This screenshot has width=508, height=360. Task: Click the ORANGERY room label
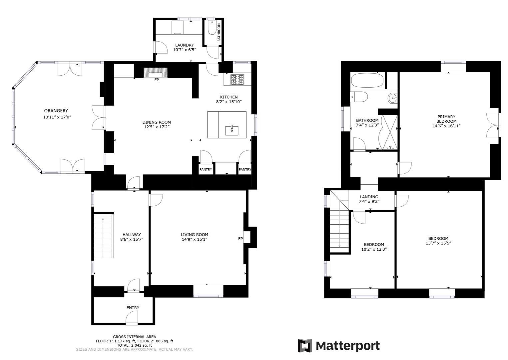click(56, 111)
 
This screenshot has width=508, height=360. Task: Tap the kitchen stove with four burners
click(237, 80)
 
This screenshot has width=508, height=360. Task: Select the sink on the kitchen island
click(232, 130)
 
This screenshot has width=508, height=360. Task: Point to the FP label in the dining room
click(157, 80)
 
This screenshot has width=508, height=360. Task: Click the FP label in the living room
click(240, 239)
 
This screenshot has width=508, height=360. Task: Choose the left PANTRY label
click(206, 169)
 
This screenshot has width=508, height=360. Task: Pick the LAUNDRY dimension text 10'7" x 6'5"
click(184, 50)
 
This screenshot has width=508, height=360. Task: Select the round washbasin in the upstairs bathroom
click(393, 98)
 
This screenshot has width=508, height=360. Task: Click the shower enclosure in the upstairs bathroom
click(389, 132)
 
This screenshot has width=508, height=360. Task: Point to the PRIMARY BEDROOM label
click(446, 119)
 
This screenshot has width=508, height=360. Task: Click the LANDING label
click(369, 197)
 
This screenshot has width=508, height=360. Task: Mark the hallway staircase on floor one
click(103, 236)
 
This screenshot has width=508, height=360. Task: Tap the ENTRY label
click(133, 307)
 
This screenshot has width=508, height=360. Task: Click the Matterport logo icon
click(304, 346)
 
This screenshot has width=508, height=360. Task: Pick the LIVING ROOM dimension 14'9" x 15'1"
click(194, 239)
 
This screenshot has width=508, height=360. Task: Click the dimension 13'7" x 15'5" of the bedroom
click(438, 243)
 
